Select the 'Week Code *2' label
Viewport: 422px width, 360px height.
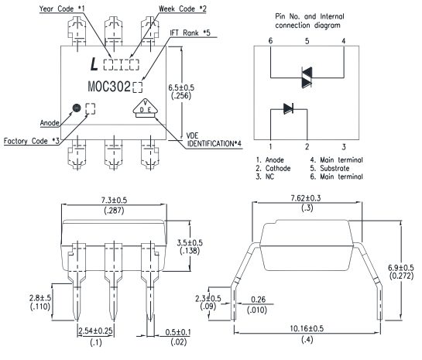(x=181, y=8)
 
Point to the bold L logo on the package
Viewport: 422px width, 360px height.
(x=94, y=63)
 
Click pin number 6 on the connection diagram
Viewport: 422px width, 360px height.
(x=270, y=39)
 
